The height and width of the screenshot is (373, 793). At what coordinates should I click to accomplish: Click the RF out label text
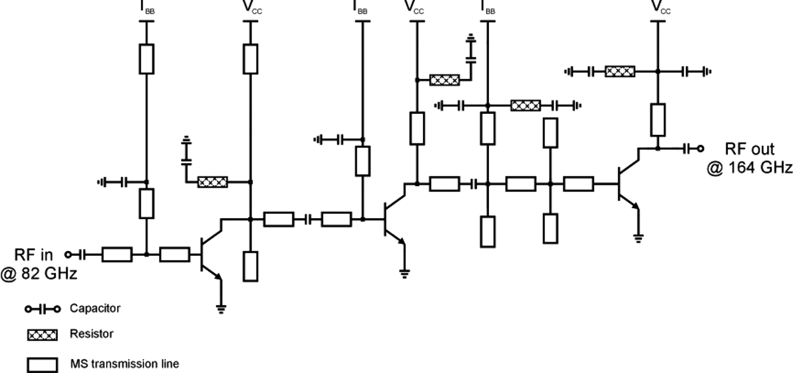pyautogui.click(x=749, y=150)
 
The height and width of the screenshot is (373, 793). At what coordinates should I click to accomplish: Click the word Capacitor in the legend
pyautogui.click(x=95, y=308)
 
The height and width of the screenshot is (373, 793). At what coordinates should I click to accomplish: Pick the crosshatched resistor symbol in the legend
pyautogui.click(x=42, y=336)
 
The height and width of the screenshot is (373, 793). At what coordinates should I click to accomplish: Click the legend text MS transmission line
pyautogui.click(x=125, y=363)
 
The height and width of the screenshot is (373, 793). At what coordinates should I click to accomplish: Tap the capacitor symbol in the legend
pyautogui.click(x=42, y=310)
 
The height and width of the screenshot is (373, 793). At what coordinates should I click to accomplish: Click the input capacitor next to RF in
pyautogui.click(x=83, y=255)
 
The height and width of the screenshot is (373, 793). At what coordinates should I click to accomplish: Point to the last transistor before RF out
pyautogui.click(x=626, y=184)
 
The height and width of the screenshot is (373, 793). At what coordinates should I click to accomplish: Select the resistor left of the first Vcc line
pyautogui.click(x=212, y=182)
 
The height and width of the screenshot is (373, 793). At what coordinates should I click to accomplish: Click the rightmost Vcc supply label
pyautogui.click(x=657, y=7)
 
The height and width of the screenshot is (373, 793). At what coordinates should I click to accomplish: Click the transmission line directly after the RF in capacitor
pyautogui.click(x=117, y=255)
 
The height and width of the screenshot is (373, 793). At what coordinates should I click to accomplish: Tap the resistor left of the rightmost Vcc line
pyautogui.click(x=620, y=71)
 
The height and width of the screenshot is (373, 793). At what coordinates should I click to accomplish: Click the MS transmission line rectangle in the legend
pyautogui.click(x=42, y=364)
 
